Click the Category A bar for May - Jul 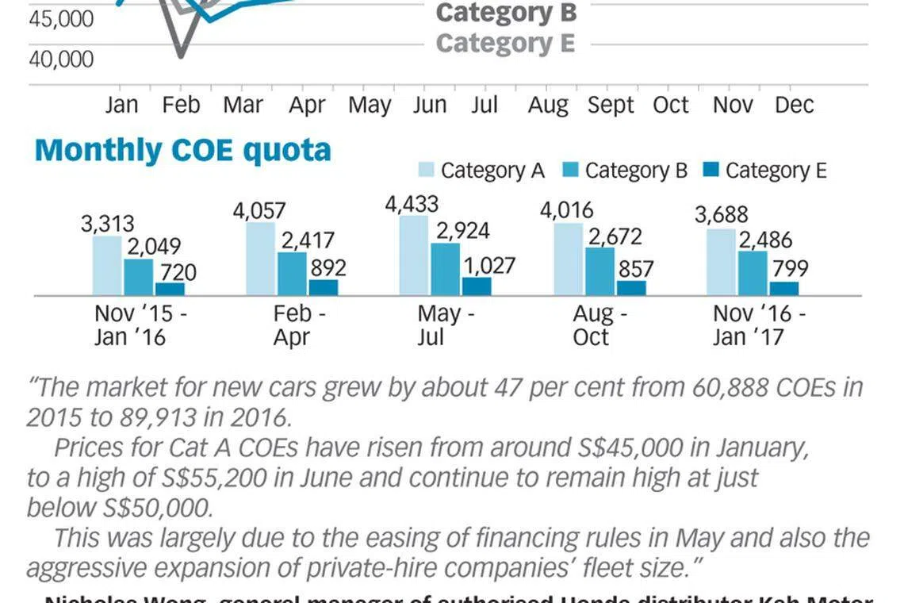[x=413, y=255]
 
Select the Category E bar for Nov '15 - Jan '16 [x=170, y=289]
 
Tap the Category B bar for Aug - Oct [x=599, y=271]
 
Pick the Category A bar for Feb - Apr [x=260, y=259]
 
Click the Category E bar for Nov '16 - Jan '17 [x=783, y=288]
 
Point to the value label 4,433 [x=412, y=204]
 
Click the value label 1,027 [x=488, y=265]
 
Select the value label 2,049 [x=153, y=247]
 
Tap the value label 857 [x=636, y=269]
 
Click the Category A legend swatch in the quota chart [x=426, y=170]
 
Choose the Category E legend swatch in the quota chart [x=711, y=170]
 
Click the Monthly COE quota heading [x=182, y=150]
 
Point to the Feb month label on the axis [x=181, y=106]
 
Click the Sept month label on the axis [x=611, y=106]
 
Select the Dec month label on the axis [x=794, y=106]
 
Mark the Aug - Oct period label [x=599, y=325]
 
